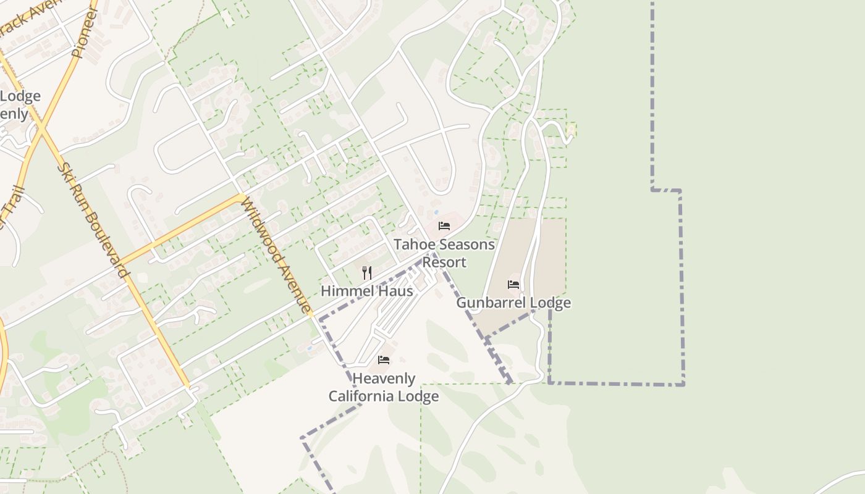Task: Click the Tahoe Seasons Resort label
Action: coord(444,253)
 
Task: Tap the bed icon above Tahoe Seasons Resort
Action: coord(444,226)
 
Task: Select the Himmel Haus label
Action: coord(366,291)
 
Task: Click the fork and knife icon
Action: coord(367,272)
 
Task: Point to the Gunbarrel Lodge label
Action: coord(513,303)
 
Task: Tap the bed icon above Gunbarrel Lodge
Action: coord(513,285)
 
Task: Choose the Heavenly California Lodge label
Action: coord(384,387)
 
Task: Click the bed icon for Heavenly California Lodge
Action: coord(384,360)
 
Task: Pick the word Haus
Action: coord(397,291)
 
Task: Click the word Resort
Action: coord(444,262)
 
